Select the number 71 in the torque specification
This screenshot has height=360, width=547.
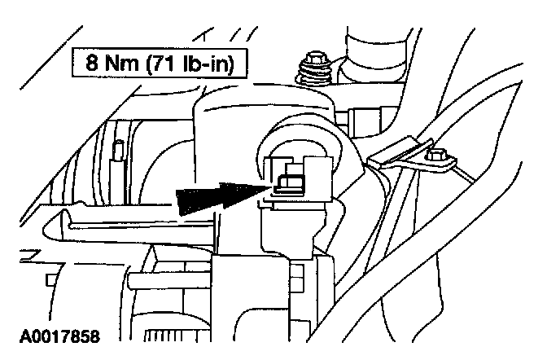tap(151, 63)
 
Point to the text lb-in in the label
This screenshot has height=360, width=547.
tap(199, 63)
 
